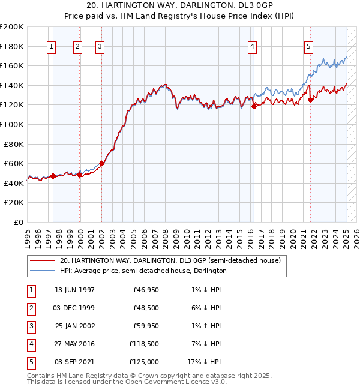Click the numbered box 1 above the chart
[52, 47]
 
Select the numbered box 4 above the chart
[253, 47]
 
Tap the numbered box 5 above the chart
[308, 47]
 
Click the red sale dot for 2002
[101, 163]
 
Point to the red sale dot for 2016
[253, 106]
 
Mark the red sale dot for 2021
[311, 100]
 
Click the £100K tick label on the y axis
[12, 124]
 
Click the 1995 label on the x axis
[28, 235]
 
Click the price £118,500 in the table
[144, 344]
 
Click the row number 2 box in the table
[31, 308]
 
